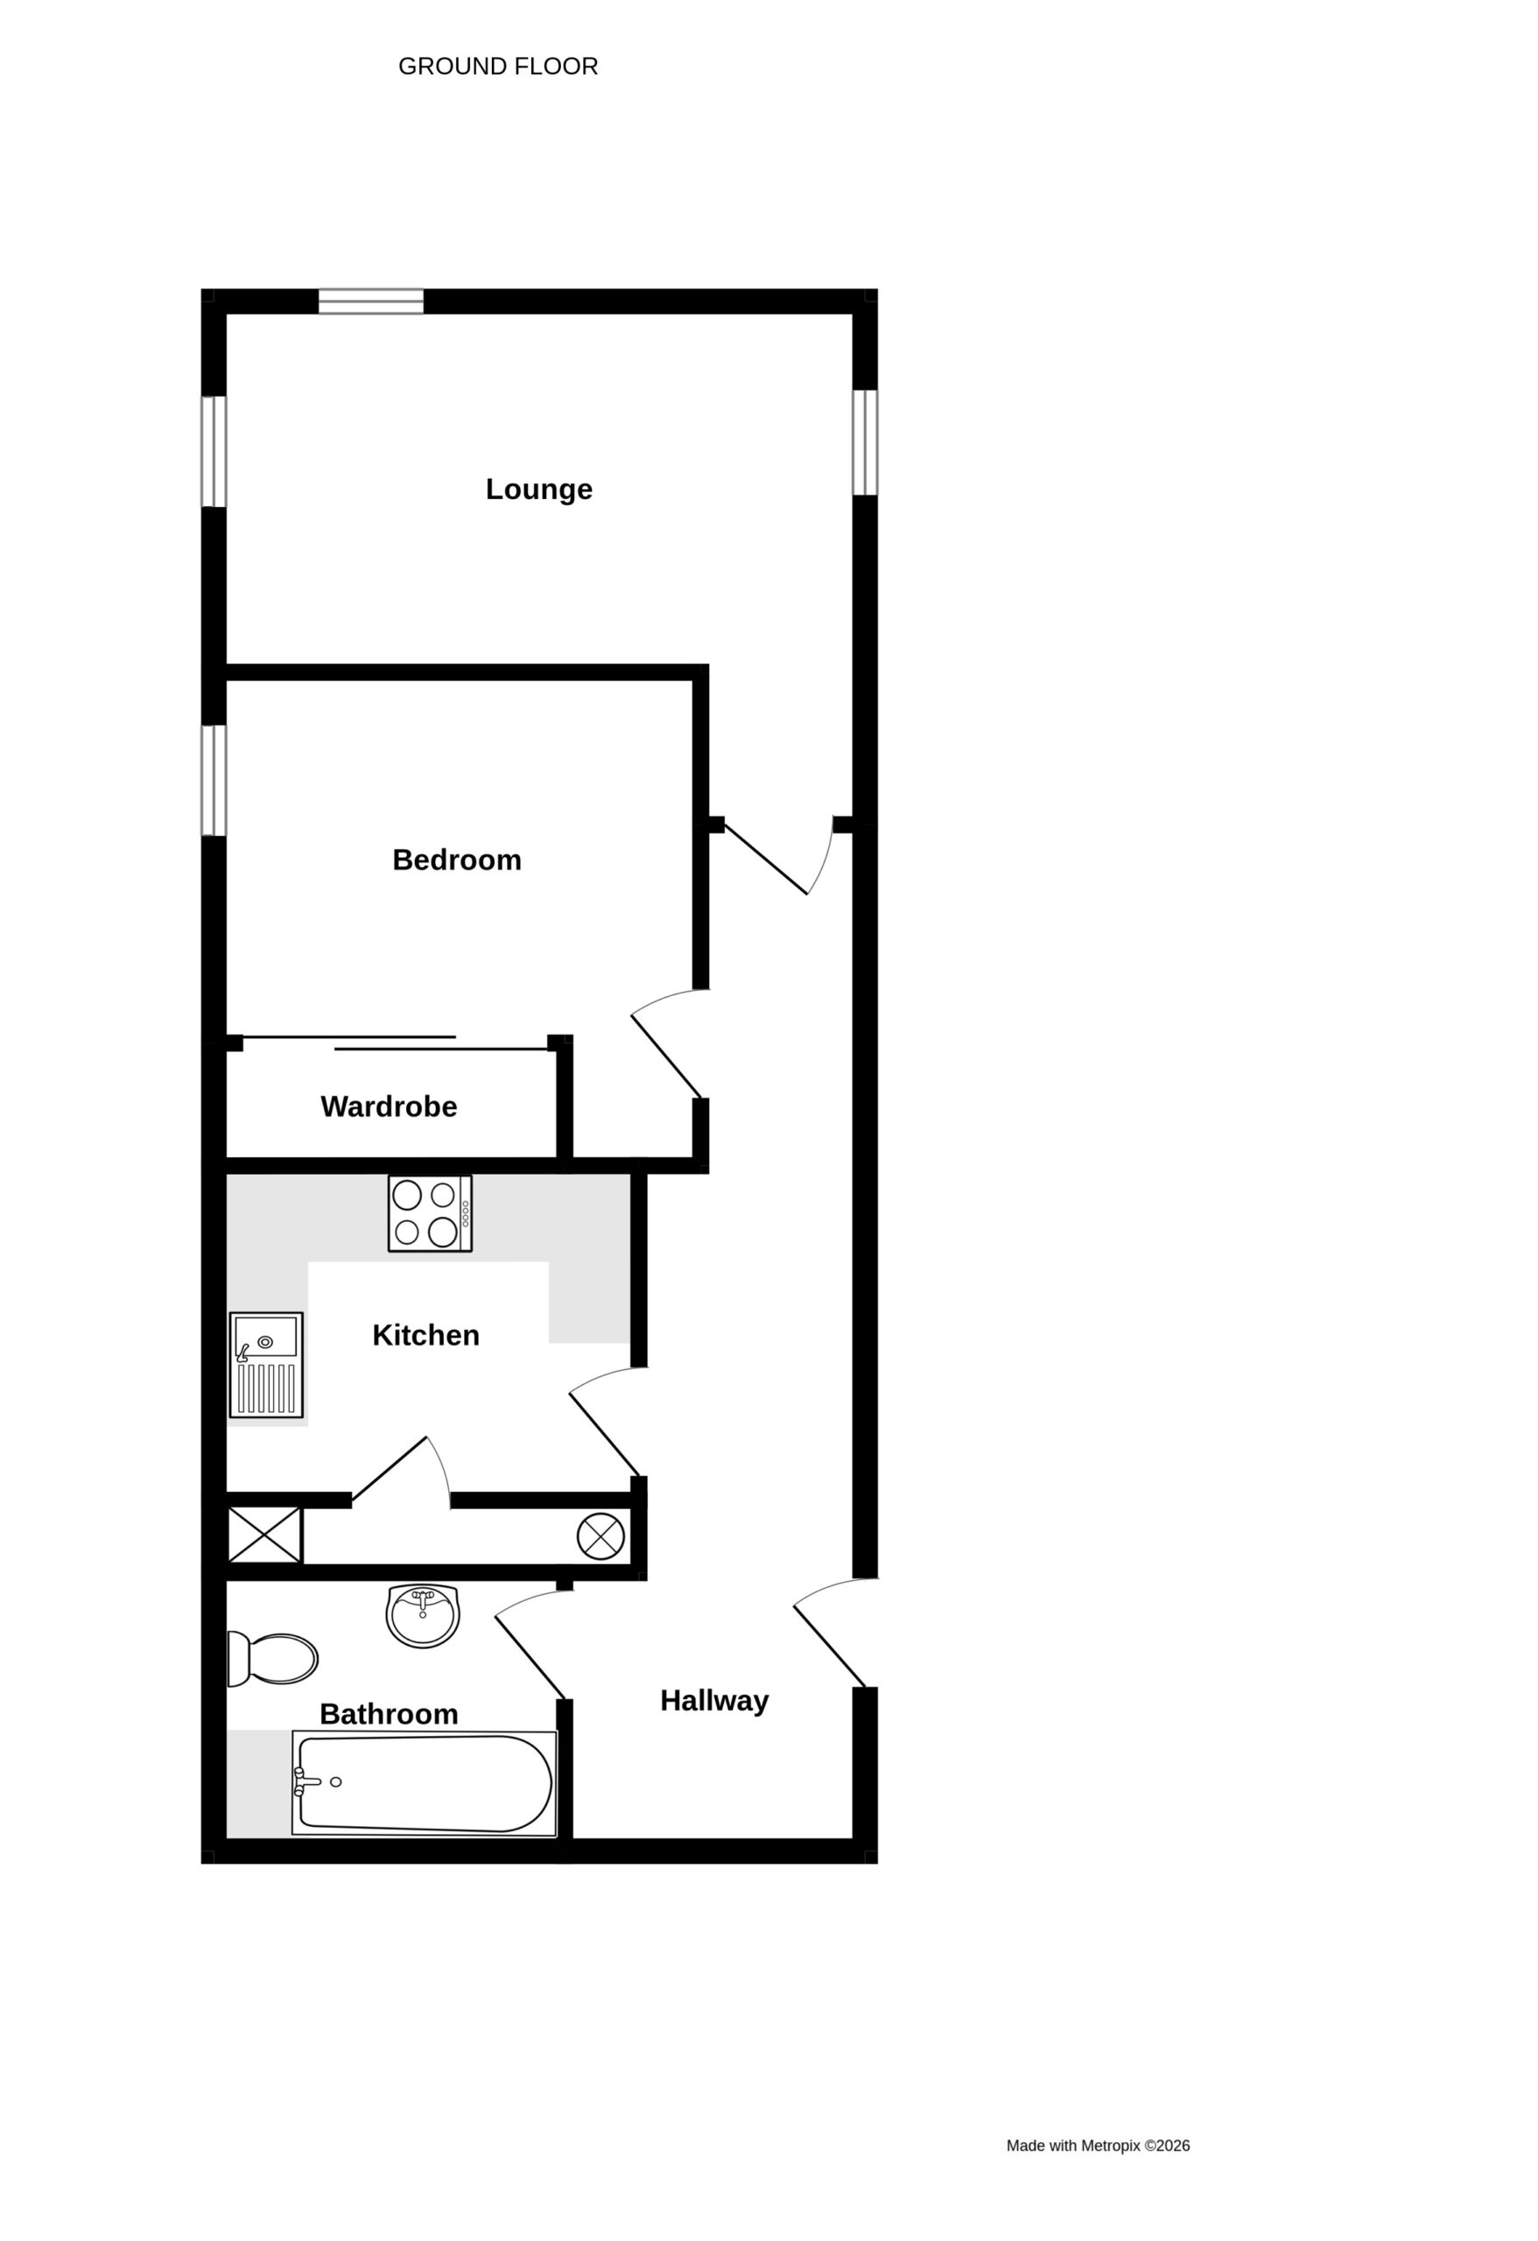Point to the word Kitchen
click(x=425, y=1336)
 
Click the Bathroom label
click(x=389, y=1713)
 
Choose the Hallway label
click(x=714, y=1701)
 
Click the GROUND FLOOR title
click(x=499, y=67)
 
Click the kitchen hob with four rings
click(x=430, y=1214)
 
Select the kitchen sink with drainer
click(x=266, y=1365)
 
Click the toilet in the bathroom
click(x=272, y=1659)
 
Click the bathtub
click(x=425, y=1783)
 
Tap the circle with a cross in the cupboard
click(x=600, y=1536)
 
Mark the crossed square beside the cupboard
click(x=265, y=1535)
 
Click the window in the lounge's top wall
click(x=371, y=301)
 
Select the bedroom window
click(x=213, y=780)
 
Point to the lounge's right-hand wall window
click(x=865, y=443)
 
